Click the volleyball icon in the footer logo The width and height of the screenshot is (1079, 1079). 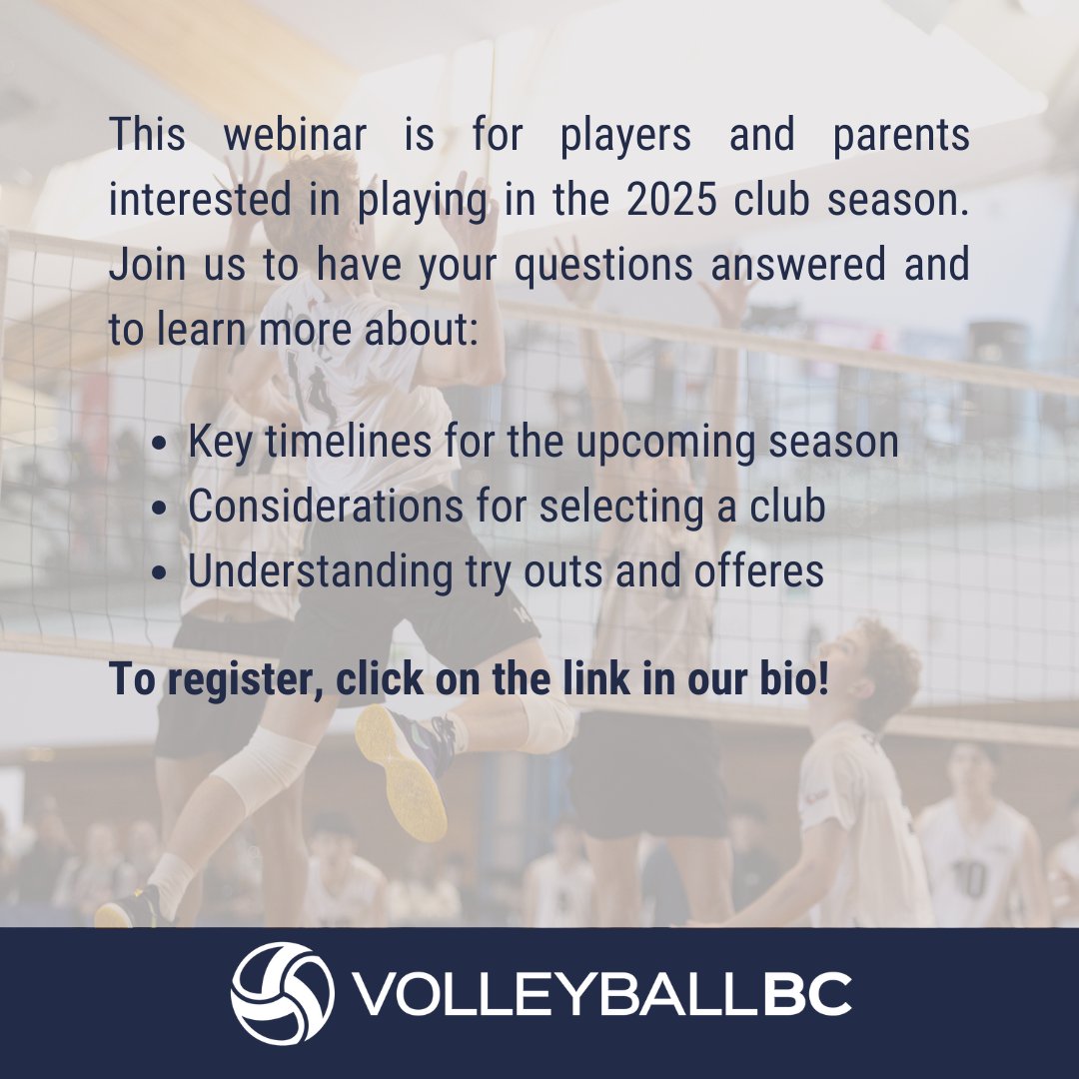(x=282, y=993)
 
